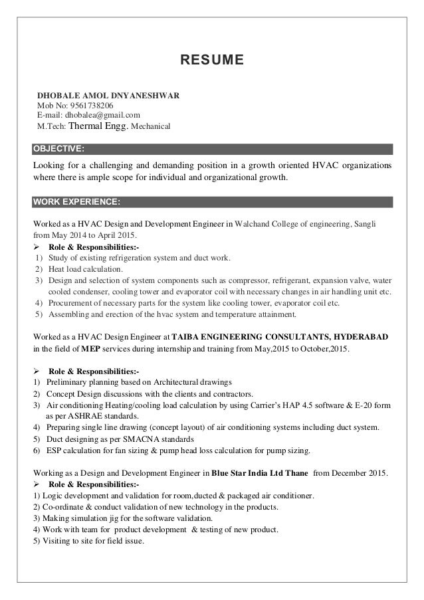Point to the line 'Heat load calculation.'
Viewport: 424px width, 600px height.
point(86,269)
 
